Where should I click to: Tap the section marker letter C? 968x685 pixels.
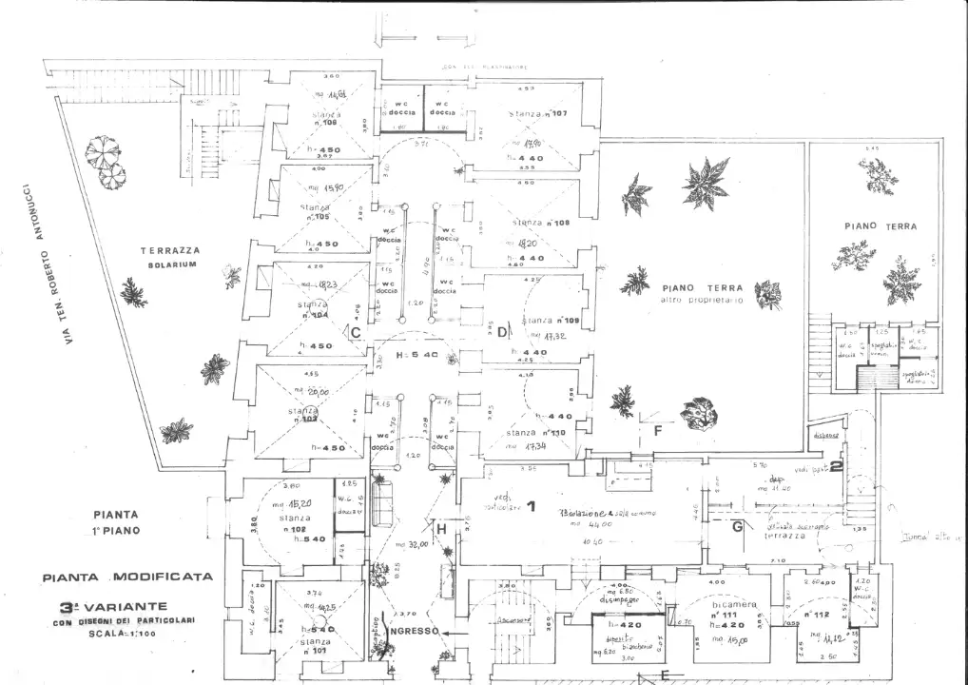tap(355, 333)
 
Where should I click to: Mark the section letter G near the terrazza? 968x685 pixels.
tap(737, 526)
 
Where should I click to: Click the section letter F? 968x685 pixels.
tap(656, 430)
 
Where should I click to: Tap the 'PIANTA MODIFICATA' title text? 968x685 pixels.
tap(127, 577)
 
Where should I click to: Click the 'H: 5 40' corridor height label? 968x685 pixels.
tap(416, 355)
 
